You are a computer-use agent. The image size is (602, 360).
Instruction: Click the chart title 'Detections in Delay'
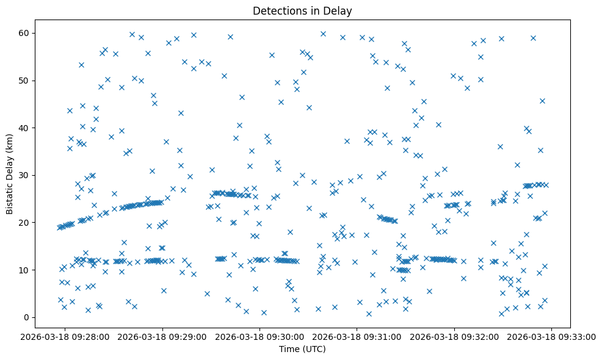pos(302,11)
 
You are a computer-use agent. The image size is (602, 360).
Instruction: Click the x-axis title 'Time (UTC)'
pos(302,349)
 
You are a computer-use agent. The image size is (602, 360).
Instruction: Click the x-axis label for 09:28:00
pos(65,336)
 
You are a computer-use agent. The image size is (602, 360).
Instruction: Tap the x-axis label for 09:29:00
pos(162,336)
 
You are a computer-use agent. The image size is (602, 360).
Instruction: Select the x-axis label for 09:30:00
pos(260,336)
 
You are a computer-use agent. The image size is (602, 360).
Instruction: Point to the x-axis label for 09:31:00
pos(357,336)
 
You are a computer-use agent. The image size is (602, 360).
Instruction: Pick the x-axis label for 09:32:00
pos(454,336)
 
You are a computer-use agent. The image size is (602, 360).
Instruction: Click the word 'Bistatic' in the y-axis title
pos(10,198)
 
